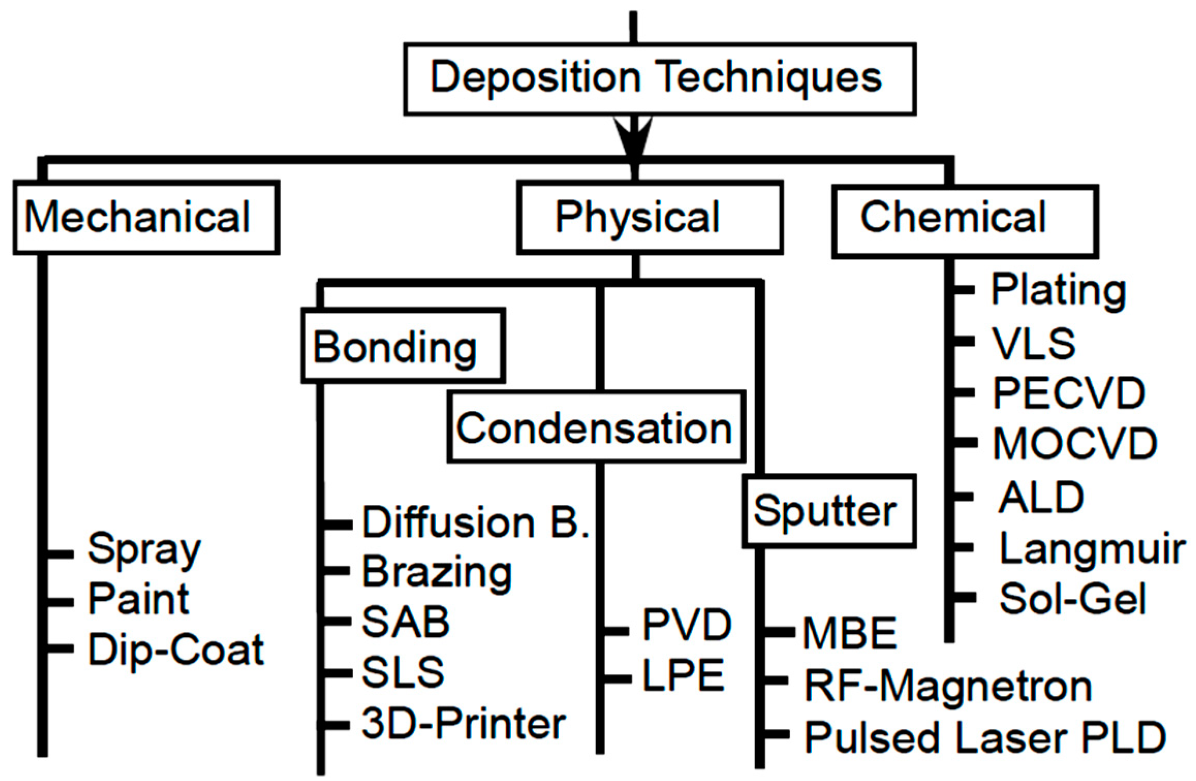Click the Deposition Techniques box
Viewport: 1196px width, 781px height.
pos(659,79)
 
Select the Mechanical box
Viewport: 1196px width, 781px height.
pos(146,217)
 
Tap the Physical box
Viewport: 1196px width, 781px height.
pos(650,217)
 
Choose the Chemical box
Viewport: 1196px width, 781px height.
pos(964,221)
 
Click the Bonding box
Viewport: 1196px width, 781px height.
pos(403,346)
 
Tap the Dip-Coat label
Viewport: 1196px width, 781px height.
pos(176,649)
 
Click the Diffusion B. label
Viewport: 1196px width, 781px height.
pos(476,522)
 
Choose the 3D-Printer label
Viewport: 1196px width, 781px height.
pos(463,724)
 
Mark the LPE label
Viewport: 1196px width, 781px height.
pos(683,676)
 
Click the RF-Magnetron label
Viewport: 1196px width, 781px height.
pos(948,687)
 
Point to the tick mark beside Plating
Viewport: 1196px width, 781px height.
pos(963,290)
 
